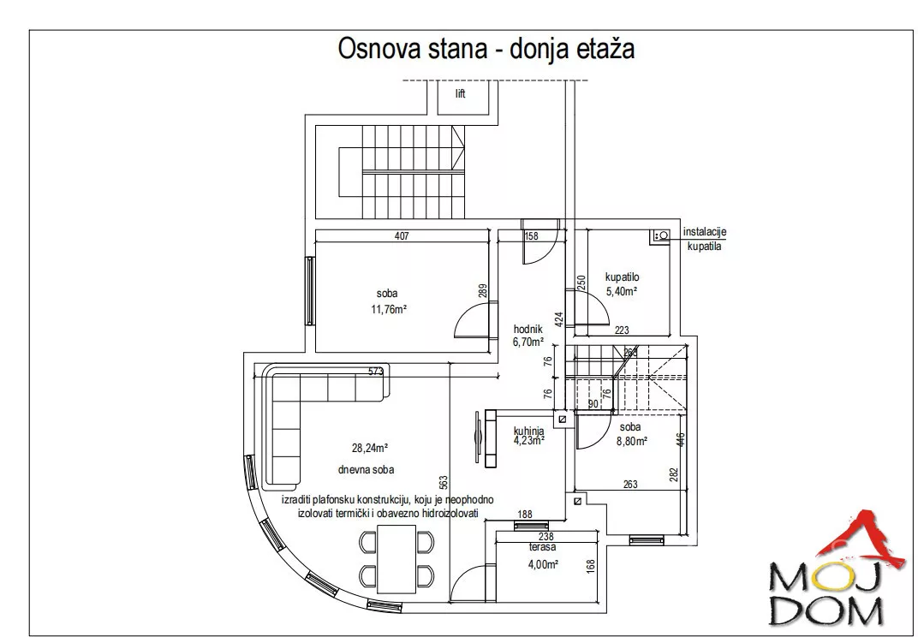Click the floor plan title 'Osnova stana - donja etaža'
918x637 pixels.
(486, 48)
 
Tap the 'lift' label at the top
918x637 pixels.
(460, 94)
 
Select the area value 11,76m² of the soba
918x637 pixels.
(388, 309)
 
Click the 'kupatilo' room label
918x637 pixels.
(623, 277)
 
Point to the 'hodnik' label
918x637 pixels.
(528, 329)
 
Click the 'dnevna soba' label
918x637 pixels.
(366, 469)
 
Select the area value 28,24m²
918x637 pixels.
(370, 447)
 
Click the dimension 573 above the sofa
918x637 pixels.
(375, 371)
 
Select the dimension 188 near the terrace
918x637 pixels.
(526, 515)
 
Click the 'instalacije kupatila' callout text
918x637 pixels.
(704, 239)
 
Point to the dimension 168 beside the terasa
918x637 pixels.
(591, 567)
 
